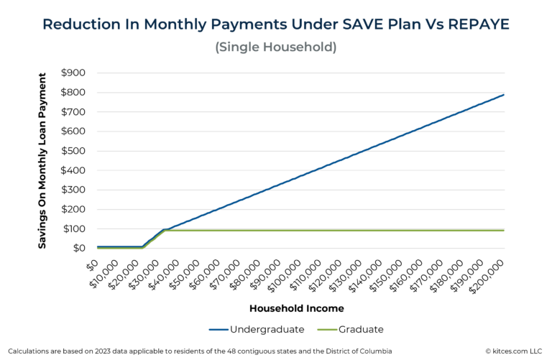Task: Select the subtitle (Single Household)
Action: click(x=276, y=47)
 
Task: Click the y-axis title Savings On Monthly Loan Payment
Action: click(x=43, y=160)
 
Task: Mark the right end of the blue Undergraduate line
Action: click(x=504, y=95)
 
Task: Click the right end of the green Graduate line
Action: click(x=504, y=230)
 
